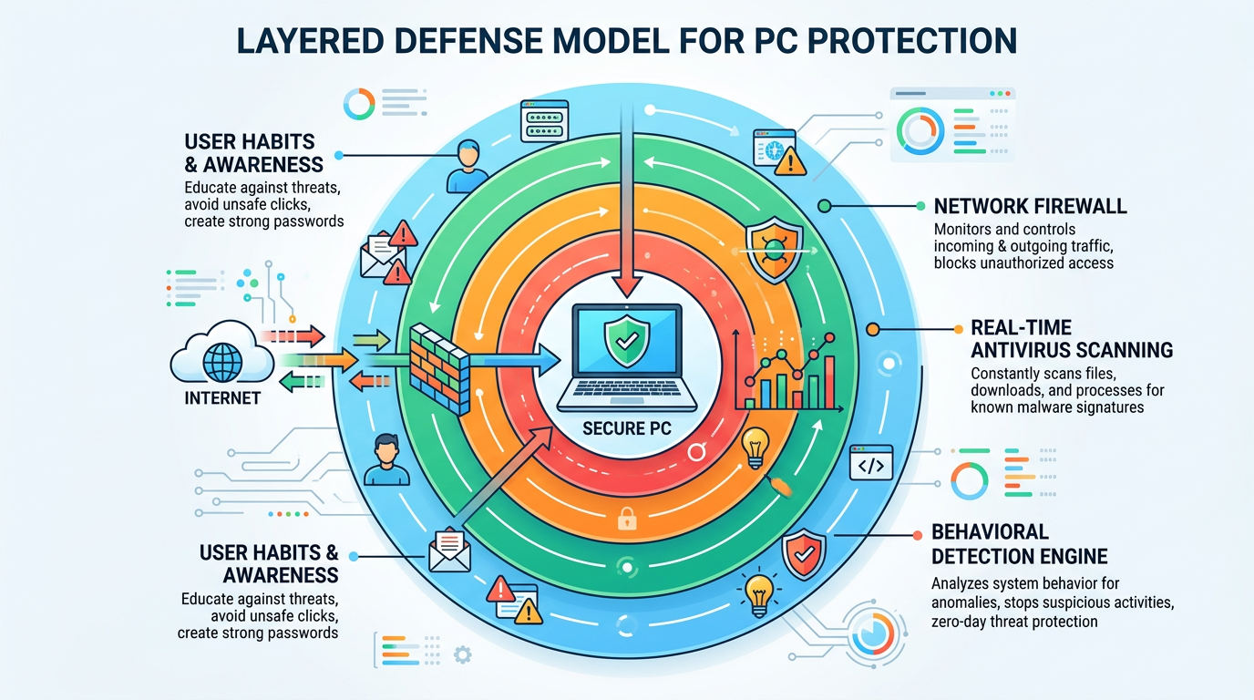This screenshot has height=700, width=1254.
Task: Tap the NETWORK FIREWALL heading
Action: [x=1030, y=206]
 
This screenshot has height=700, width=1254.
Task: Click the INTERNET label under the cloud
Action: [x=222, y=398]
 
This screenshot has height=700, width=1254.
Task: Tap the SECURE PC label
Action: [x=627, y=427]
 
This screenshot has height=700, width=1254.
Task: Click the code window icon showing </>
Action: [x=870, y=465]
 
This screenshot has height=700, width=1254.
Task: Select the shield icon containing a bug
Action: [x=768, y=248]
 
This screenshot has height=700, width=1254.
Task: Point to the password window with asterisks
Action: [x=544, y=121]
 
